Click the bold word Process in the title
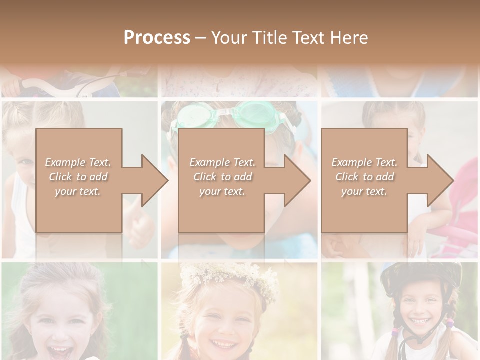point(157,38)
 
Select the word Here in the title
point(348,38)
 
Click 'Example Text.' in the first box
point(78,162)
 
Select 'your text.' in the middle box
point(222,191)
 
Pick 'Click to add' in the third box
point(364,177)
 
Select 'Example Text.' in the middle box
point(222,162)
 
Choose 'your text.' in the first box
point(78,191)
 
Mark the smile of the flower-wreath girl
point(223,344)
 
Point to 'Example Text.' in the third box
point(364,162)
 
